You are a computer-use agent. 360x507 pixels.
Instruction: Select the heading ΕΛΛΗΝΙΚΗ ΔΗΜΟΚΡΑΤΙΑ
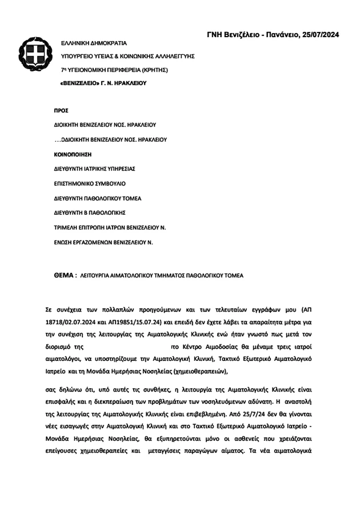(x=94, y=43)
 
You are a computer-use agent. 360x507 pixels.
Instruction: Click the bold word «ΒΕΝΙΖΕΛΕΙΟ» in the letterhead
(x=79, y=83)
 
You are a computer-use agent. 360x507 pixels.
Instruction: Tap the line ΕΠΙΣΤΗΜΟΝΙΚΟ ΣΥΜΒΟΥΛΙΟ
(x=89, y=184)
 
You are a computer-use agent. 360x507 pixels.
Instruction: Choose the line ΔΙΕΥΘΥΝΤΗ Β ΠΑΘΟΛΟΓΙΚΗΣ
(x=89, y=213)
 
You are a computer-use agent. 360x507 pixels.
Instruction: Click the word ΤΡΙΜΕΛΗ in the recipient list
(x=64, y=228)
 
